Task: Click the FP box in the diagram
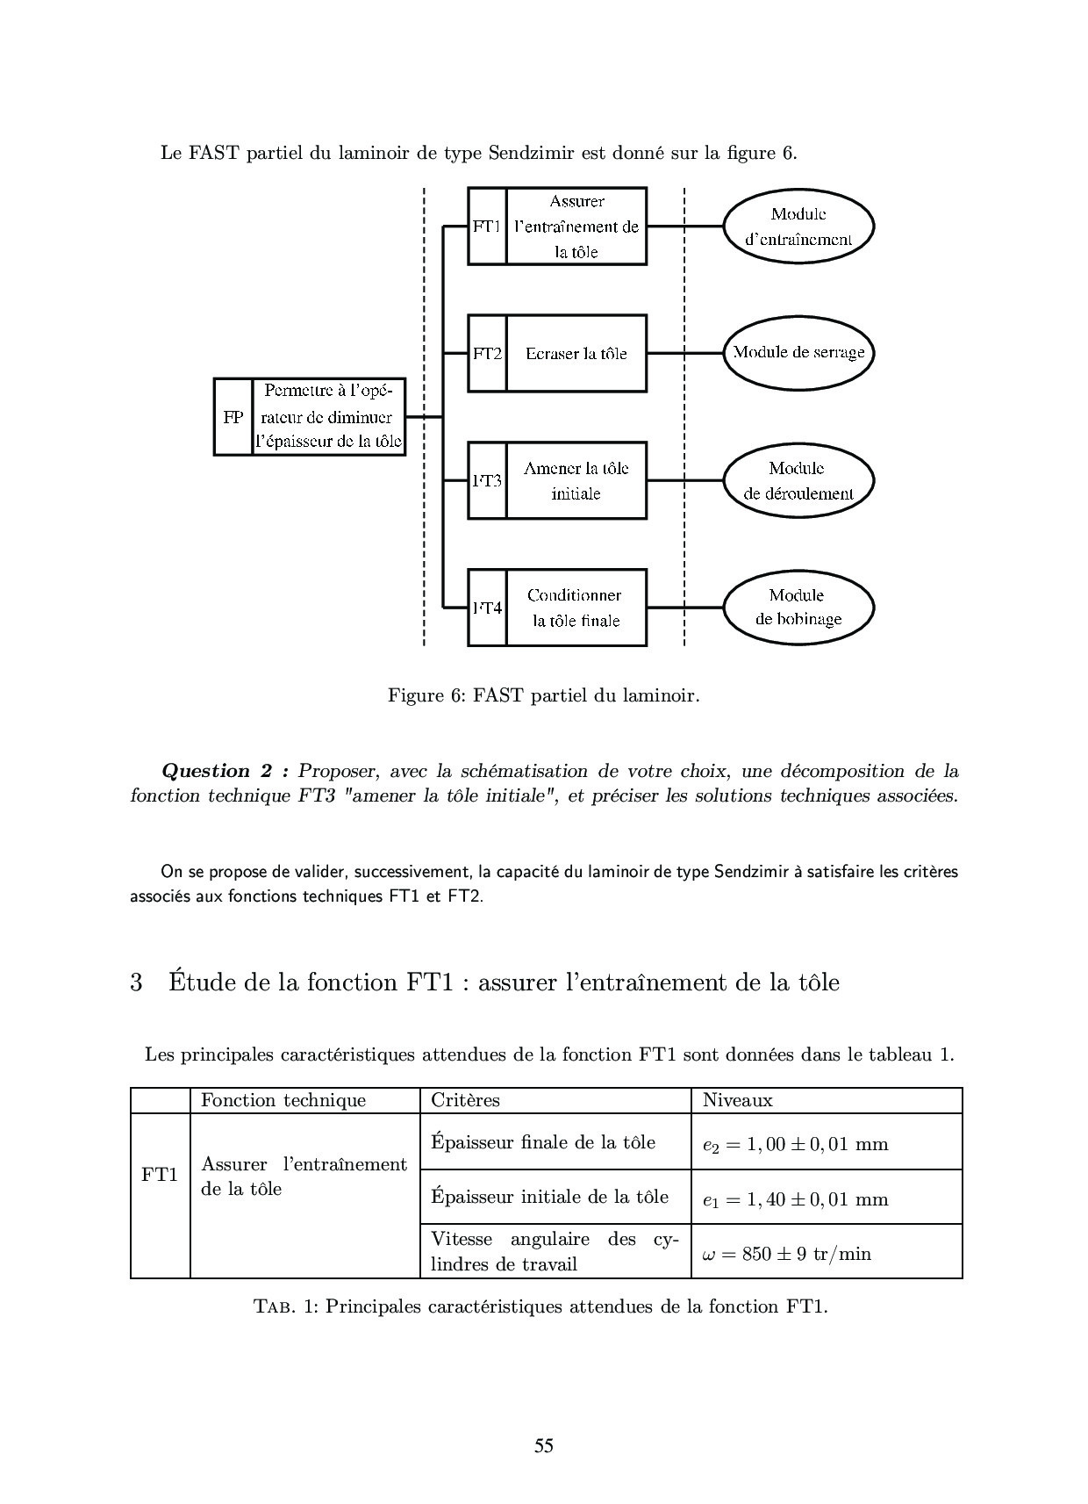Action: [x=233, y=417]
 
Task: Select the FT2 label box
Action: [x=487, y=353]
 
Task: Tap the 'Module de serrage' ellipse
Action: [x=798, y=353]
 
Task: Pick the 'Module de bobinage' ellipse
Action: [x=798, y=608]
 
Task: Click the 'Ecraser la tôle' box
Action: [x=576, y=353]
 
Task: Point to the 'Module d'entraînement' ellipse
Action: [x=798, y=227]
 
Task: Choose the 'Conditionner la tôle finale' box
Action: [x=576, y=608]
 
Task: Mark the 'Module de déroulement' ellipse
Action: [x=798, y=481]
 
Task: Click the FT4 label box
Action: [x=487, y=608]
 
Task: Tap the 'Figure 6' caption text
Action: [x=543, y=696]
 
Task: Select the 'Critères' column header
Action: [x=466, y=1100]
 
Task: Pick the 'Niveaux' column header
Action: [x=738, y=1100]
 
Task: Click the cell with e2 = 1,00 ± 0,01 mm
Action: [x=796, y=1144]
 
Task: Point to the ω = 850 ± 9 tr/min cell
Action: [x=787, y=1254]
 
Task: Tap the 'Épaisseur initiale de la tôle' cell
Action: [x=550, y=1198]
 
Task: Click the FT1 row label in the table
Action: [x=160, y=1176]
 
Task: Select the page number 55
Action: [x=544, y=1445]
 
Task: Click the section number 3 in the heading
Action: [x=137, y=982]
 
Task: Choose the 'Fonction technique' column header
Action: [x=283, y=1100]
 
